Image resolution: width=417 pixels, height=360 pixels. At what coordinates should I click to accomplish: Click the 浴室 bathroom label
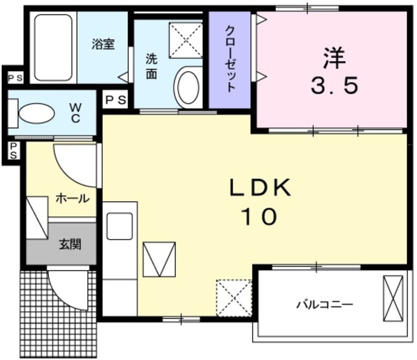(103, 44)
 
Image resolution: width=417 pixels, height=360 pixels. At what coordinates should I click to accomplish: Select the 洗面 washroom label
(151, 66)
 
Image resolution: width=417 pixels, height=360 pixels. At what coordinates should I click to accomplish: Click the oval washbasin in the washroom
(187, 86)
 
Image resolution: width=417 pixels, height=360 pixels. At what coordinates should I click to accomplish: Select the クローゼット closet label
(230, 59)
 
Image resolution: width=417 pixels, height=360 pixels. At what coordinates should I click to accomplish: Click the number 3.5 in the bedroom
(334, 87)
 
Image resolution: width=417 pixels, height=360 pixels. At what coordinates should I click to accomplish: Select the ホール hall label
(72, 198)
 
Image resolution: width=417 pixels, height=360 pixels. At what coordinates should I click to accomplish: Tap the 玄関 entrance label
(70, 244)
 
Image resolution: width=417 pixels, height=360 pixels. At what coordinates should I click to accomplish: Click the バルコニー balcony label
(325, 304)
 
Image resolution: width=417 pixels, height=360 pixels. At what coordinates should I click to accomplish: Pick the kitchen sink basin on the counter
(120, 226)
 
